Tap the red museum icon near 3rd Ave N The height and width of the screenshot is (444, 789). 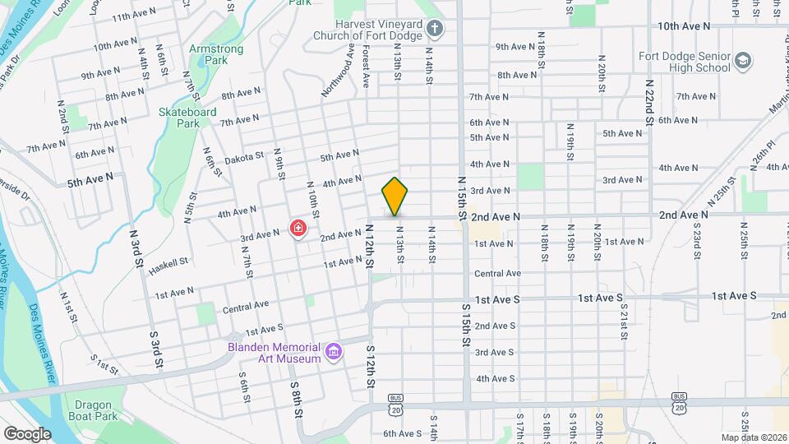(x=298, y=229)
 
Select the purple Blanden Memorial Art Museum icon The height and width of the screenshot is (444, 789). (x=334, y=353)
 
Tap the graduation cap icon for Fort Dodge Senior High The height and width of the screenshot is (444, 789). (x=743, y=62)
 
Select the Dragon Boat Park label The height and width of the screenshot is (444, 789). (x=99, y=409)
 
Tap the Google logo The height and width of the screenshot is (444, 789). (x=27, y=433)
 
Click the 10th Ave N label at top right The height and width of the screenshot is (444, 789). (x=684, y=26)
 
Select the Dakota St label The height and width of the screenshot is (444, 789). (x=244, y=155)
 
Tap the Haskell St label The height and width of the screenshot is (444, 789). (x=170, y=261)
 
